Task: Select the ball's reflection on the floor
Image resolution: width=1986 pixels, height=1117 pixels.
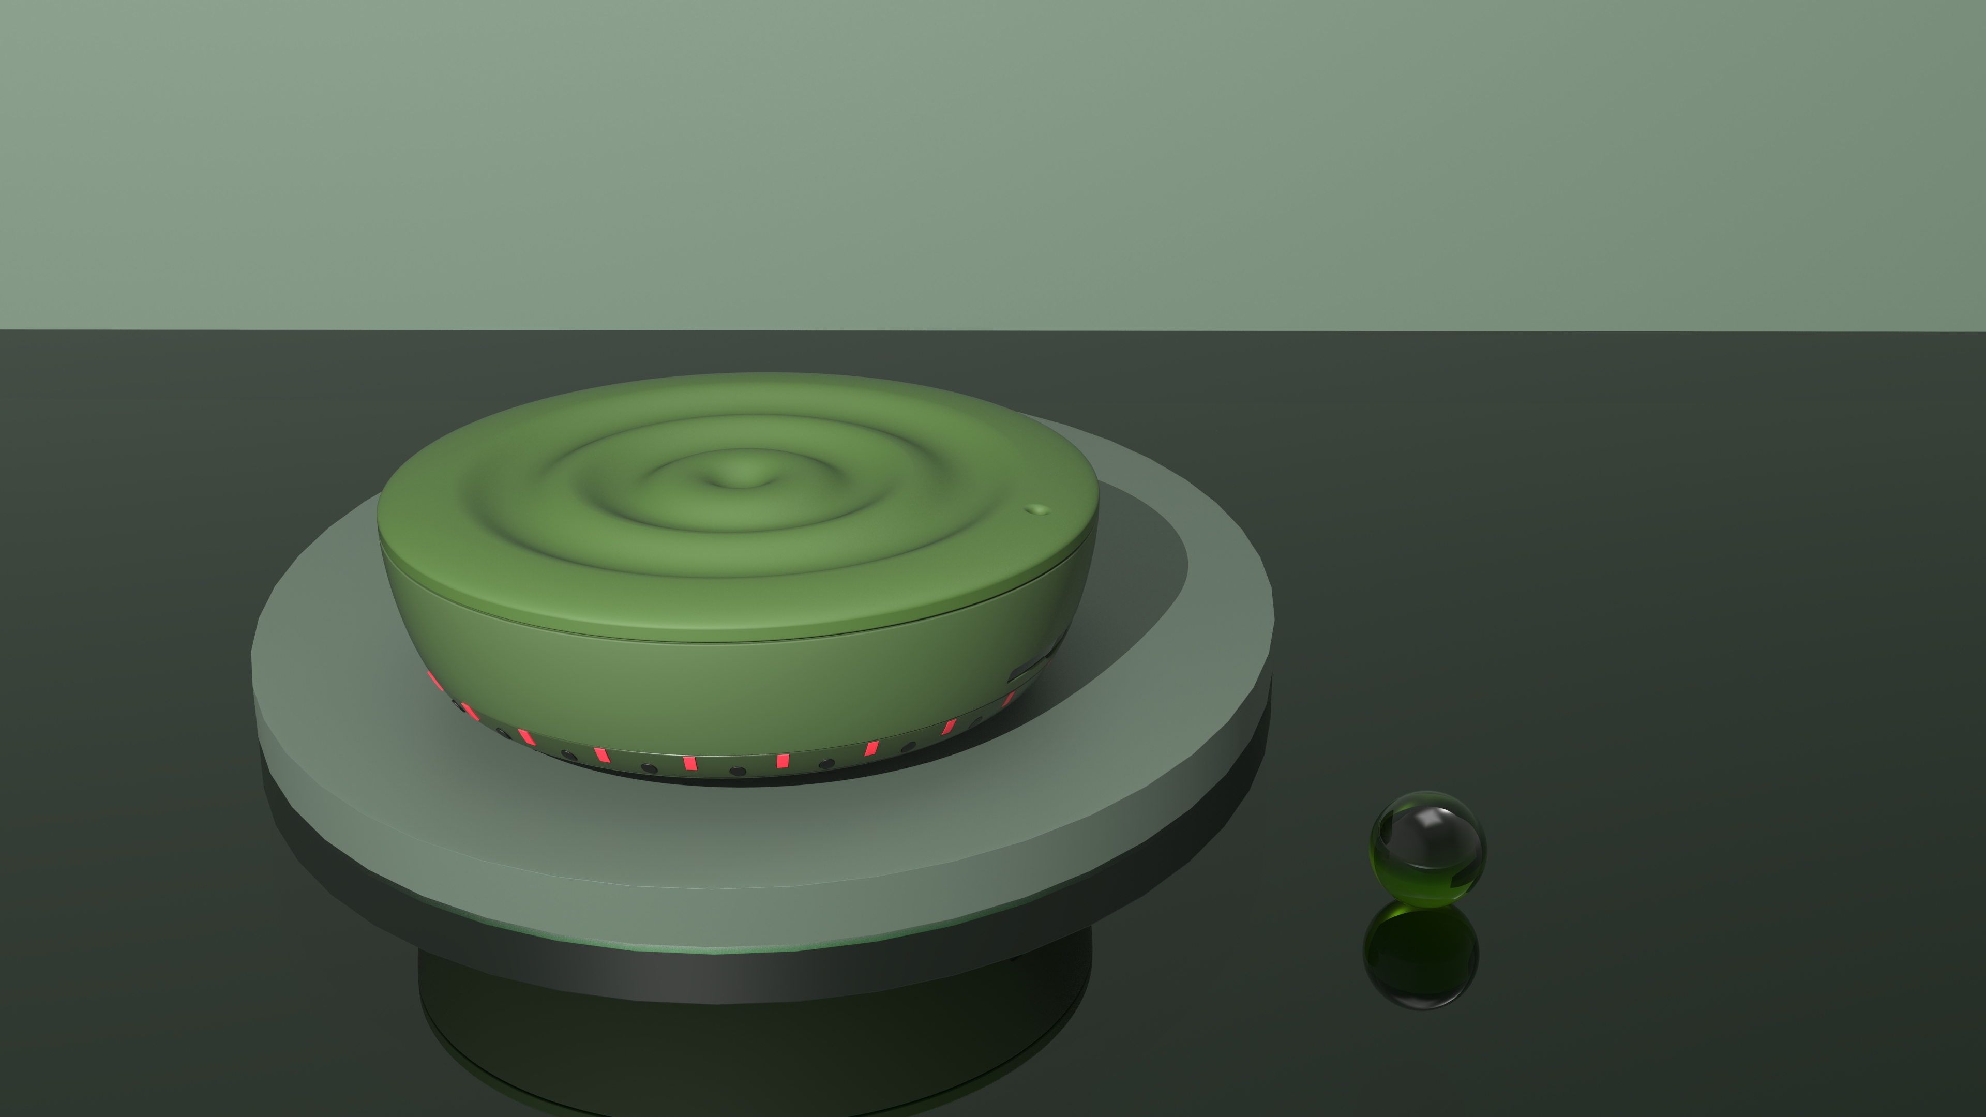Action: (1421, 956)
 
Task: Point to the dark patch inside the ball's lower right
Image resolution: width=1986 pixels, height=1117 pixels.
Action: (1463, 877)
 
